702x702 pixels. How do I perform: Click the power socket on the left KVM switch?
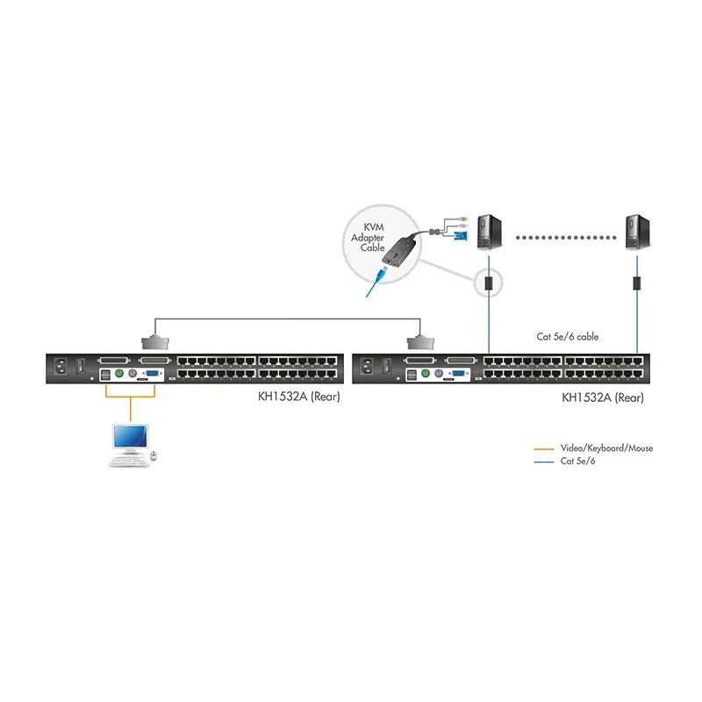[61, 367]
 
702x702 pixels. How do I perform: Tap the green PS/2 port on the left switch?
[119, 373]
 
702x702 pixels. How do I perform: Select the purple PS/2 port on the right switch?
[438, 374]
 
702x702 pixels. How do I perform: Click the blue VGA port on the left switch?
[152, 373]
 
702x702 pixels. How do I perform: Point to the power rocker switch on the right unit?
[387, 366]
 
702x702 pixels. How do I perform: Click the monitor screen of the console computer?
[130, 436]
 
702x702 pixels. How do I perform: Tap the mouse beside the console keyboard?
[154, 455]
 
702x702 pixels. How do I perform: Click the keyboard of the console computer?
[128, 462]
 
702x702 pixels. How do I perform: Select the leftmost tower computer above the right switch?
[489, 232]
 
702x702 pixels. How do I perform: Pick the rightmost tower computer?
[637, 232]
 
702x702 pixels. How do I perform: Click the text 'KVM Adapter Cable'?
[368, 237]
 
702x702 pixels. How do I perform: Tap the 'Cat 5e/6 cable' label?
[567, 337]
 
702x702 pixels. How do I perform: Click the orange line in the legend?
[544, 448]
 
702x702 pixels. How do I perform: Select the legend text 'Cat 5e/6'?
[577, 462]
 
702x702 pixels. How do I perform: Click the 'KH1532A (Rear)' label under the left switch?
[298, 397]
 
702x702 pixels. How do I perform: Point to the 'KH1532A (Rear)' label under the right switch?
[603, 398]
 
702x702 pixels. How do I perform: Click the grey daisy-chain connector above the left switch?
[155, 342]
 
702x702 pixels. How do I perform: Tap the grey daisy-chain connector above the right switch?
[420, 342]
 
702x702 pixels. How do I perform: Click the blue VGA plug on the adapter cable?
[461, 236]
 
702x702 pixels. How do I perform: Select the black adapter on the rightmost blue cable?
[637, 283]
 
